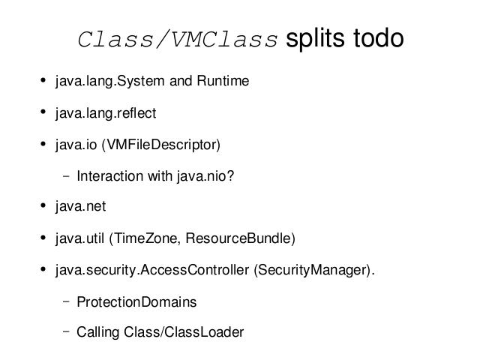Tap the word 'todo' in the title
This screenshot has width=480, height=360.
tap(378, 38)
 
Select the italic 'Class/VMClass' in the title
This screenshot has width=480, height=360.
tap(178, 39)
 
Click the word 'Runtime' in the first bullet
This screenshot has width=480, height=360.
tap(223, 81)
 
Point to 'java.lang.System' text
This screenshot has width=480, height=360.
tap(110, 82)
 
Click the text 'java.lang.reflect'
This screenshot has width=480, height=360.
tap(106, 114)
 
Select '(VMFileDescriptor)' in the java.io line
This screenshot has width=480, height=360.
tap(161, 145)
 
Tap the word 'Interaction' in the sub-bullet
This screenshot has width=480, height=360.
tap(110, 176)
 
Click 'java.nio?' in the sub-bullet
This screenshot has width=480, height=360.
tap(205, 177)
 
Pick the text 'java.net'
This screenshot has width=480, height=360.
tap(81, 207)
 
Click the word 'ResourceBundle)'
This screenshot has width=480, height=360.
tap(241, 238)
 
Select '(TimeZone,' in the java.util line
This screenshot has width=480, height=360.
tap(145, 238)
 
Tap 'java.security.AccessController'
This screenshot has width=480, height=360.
tap(152, 271)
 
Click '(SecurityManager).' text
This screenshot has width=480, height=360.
tap(314, 271)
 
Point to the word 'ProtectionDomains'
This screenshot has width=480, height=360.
tap(136, 301)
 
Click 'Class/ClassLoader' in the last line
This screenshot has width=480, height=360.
tap(184, 332)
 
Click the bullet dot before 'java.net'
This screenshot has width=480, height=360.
tap(43, 205)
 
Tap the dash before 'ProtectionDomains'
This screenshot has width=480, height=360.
tap(66, 301)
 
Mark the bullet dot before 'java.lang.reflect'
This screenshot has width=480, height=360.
tap(43, 112)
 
